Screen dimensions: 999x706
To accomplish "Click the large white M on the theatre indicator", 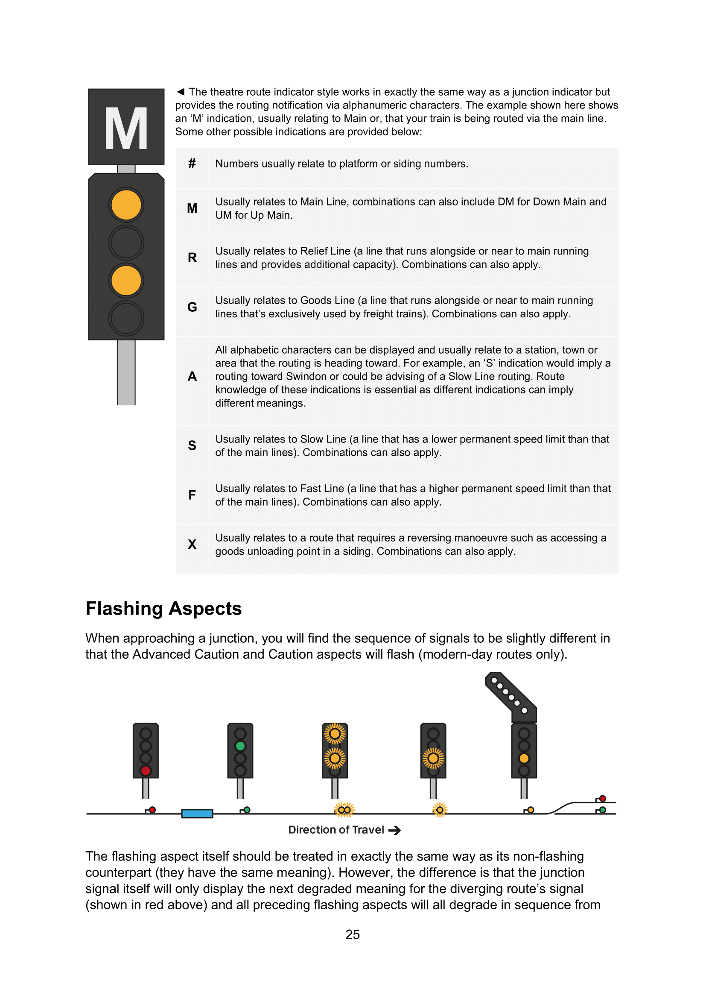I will [126, 129].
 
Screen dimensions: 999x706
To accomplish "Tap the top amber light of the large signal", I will [126, 205].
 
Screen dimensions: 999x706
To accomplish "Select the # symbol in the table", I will [192, 164].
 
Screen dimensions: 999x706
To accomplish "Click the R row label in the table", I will [192, 258].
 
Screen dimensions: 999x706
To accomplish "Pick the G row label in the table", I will [192, 307].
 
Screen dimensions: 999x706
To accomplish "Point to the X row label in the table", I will [192, 544].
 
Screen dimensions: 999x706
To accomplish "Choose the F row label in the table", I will [192, 495].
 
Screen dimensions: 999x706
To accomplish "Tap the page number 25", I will [353, 935].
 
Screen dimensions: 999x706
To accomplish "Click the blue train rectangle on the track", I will [197, 814].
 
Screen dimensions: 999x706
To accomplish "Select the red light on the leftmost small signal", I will [146, 770].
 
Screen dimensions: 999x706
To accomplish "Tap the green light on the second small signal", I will [240, 746].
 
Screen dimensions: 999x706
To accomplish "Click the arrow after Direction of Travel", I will [394, 831].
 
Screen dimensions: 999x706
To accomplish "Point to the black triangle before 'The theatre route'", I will [181, 92].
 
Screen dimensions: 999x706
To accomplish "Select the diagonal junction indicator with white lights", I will [511, 695].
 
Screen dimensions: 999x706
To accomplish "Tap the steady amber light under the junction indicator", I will [524, 759].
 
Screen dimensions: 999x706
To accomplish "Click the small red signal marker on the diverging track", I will [603, 798].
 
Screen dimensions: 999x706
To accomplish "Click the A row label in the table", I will [192, 376].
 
